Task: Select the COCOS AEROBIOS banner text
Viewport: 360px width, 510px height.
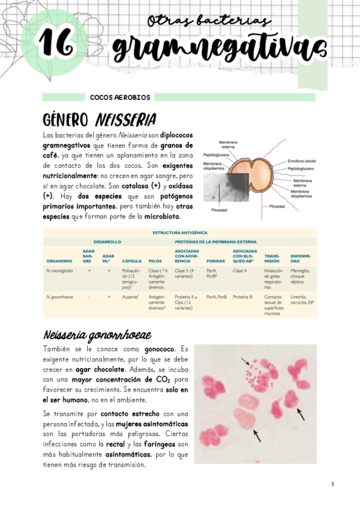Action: (x=120, y=97)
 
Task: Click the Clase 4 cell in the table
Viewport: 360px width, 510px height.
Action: (x=240, y=271)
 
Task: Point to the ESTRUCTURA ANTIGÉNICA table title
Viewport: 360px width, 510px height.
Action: (x=180, y=232)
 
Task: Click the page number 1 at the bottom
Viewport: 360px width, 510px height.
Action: (x=332, y=484)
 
